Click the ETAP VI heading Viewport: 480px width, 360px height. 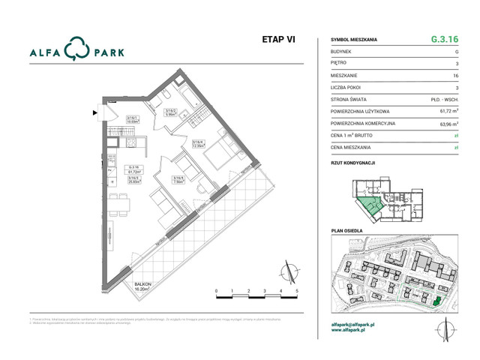[277, 40]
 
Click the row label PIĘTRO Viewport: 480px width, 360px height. [339, 64]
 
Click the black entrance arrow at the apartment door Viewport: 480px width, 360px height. [94, 113]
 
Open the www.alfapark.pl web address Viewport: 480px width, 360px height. [352, 331]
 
